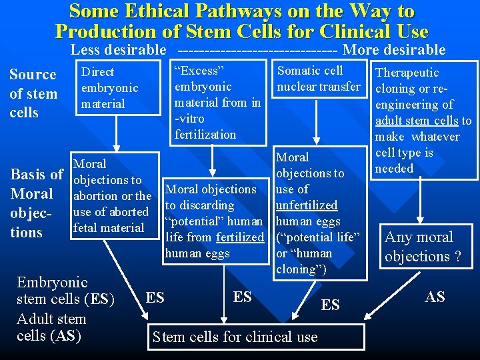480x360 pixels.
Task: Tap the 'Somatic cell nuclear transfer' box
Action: (x=318, y=79)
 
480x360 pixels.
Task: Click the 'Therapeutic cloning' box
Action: (x=424, y=120)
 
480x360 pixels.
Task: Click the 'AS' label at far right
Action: (x=435, y=297)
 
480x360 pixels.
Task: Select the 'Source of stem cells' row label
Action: (x=33, y=93)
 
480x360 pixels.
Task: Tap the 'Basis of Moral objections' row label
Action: (x=36, y=203)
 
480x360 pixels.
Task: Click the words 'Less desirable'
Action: (x=118, y=49)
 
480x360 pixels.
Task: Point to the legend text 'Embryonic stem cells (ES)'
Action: (x=64, y=290)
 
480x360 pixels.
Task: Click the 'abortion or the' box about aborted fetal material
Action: (x=112, y=196)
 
